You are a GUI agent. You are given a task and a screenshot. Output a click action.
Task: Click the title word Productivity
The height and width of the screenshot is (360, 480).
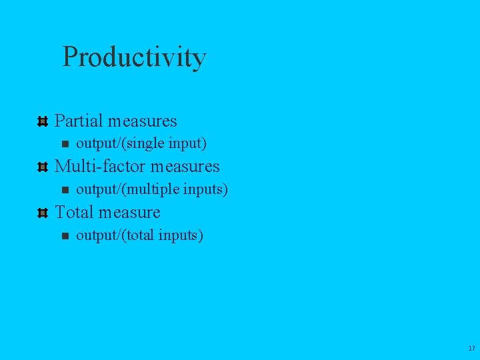click(134, 58)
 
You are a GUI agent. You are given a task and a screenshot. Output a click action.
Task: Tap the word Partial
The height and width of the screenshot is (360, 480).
click(79, 121)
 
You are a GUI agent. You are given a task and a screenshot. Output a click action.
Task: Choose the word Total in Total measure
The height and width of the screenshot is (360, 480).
click(74, 212)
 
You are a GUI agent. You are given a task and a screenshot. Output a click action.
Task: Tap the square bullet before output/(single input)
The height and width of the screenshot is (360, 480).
click(65, 144)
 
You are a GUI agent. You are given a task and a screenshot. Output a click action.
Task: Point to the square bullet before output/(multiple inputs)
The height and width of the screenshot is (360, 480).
click(65, 190)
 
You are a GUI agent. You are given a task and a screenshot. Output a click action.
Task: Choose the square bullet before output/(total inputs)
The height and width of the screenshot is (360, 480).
click(65, 236)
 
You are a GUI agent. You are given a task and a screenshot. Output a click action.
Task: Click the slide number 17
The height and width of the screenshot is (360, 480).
click(471, 349)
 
